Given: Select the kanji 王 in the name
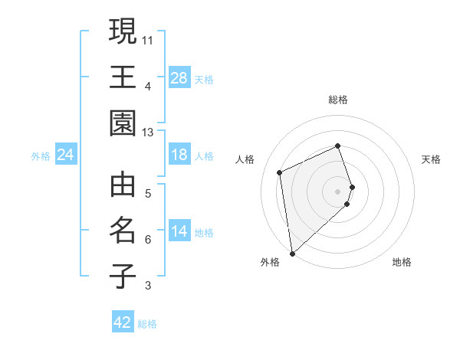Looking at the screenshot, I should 123,77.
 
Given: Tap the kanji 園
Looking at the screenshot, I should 123,123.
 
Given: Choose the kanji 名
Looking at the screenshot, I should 123,231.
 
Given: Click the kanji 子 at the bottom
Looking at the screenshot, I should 123,277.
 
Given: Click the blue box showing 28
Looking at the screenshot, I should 179,77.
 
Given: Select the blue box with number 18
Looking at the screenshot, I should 179,155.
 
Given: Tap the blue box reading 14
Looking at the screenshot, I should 179,231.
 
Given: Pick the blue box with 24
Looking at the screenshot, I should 65,155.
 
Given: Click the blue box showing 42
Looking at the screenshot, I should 123,322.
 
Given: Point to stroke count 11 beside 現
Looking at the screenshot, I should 148,38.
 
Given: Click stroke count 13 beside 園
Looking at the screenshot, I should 148,133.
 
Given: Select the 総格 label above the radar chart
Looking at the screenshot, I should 338,100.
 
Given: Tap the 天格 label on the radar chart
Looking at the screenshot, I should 432,159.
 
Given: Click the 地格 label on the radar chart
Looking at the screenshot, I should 402,262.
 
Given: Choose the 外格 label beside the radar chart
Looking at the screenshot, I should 270,262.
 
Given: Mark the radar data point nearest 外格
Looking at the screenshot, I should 292,253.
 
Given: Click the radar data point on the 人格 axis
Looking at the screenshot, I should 280,172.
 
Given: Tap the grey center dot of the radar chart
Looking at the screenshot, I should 338,191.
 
